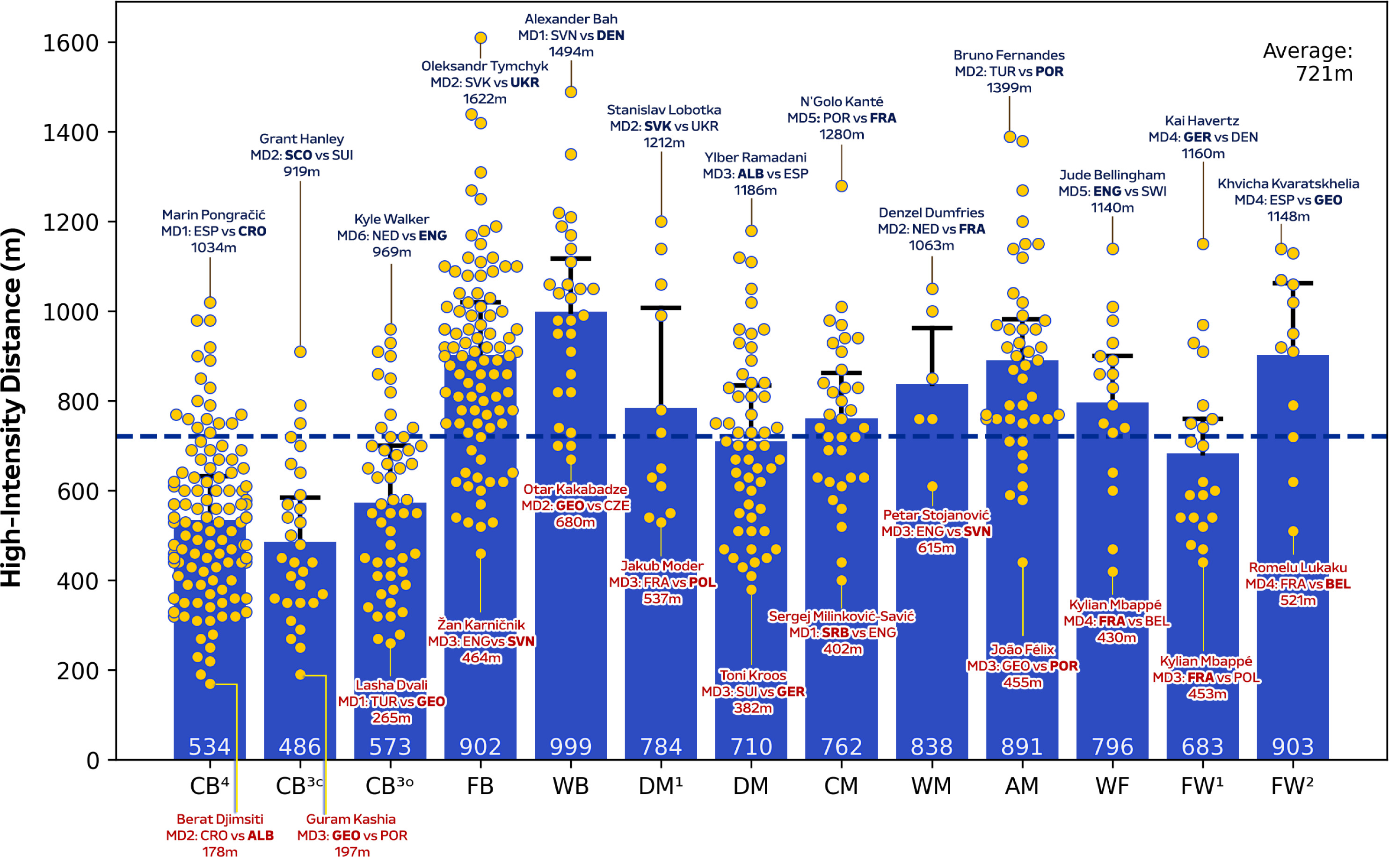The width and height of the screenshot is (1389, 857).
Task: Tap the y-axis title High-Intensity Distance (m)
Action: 13,407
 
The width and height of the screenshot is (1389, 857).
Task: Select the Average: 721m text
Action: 1308,62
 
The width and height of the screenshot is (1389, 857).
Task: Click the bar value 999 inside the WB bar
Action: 570,747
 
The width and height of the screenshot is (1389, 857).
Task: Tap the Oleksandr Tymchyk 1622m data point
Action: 480,38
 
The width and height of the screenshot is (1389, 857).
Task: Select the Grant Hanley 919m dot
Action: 300,352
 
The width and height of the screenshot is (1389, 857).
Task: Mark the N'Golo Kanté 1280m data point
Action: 841,186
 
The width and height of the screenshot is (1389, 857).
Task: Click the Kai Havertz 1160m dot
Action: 1203,244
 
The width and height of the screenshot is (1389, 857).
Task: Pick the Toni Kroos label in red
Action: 753,691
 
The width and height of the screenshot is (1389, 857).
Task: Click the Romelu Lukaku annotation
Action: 1298,584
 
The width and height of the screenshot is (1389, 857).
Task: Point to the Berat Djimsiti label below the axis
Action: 220,835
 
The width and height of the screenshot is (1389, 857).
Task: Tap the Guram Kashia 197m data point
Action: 300,674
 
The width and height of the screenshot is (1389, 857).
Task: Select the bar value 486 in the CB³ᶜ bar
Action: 300,747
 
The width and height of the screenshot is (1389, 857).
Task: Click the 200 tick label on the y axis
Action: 78,671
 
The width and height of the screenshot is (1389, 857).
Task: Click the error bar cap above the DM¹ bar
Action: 661,308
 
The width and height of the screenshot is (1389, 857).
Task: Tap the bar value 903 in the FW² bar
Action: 1293,747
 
